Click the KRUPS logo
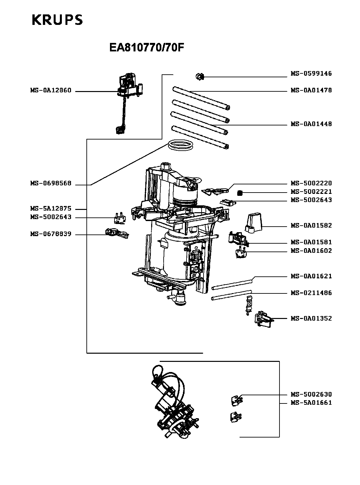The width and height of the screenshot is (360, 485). click(57, 20)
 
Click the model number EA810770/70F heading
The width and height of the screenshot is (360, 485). click(147, 48)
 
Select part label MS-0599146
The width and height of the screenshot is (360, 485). click(311, 74)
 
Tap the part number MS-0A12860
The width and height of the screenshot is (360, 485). click(51, 90)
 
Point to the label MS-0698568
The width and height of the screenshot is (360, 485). click(51, 183)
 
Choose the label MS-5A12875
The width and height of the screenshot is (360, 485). click(51, 209)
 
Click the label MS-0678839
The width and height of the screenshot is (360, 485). click(51, 234)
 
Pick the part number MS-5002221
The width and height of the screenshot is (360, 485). click(311, 192)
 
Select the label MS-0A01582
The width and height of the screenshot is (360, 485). click(311, 225)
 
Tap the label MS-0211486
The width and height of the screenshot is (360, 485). click(311, 293)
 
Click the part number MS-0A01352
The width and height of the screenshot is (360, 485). click(311, 318)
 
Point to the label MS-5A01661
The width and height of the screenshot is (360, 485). click(311, 402)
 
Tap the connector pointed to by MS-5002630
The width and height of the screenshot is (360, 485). click(236, 400)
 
